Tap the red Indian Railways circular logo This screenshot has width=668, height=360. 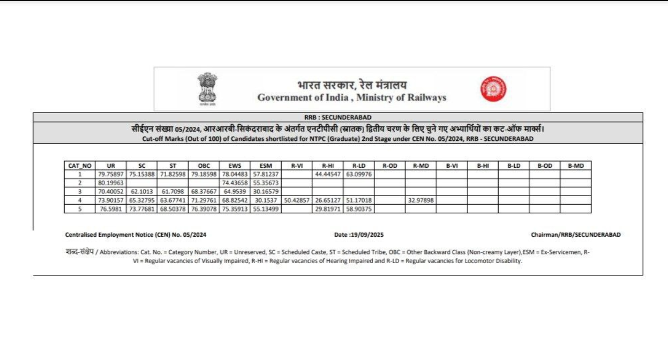coord(493,89)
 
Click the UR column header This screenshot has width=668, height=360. coord(111,166)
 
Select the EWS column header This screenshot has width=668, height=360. coord(235,166)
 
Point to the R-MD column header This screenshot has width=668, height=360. coord(421,166)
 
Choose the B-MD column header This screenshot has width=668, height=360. coord(575,166)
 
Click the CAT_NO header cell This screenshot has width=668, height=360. coord(80,166)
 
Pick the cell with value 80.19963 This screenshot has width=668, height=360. coord(111,183)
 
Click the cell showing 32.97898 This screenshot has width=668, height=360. coord(421,200)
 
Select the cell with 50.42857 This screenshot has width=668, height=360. coord(297,200)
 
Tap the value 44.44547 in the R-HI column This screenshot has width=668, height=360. coord(328,174)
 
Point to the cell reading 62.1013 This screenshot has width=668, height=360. coord(142,191)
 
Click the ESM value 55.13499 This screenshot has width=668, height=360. coord(266,209)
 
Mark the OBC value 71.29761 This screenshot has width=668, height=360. coord(204,200)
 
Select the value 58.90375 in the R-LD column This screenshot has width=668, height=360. coord(358,209)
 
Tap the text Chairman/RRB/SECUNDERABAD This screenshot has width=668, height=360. coord(576,235)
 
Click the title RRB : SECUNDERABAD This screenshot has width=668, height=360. coord(337,117)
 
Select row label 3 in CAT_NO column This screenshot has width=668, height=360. coord(80,191)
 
